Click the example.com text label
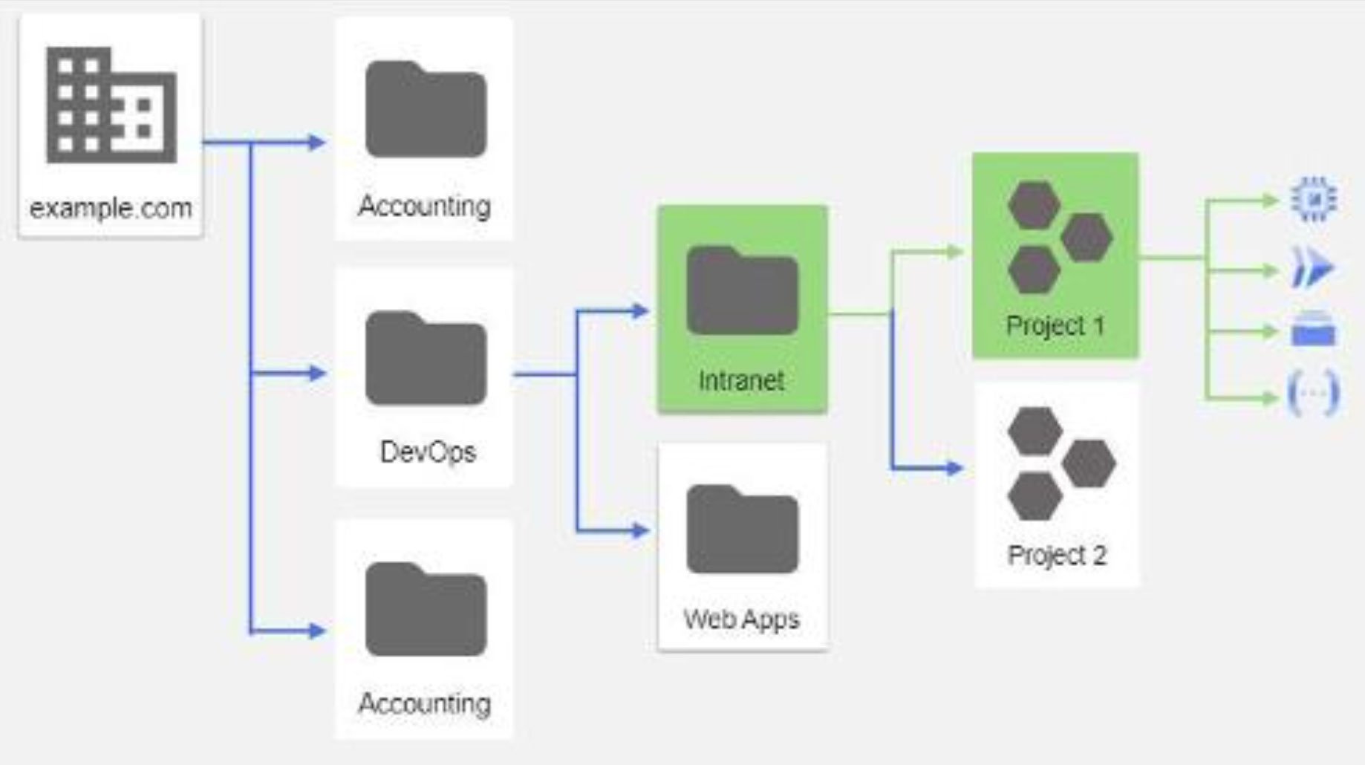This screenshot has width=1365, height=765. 111,208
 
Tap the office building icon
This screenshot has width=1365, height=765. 111,105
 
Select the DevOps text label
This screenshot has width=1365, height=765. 428,452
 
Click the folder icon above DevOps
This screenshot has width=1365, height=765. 426,359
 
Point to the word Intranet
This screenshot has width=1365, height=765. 741,381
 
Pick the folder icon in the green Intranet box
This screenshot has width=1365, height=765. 742,291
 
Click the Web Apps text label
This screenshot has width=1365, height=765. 742,619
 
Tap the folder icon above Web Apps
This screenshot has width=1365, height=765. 742,530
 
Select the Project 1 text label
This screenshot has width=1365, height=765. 1055,325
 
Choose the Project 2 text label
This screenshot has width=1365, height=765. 1057,555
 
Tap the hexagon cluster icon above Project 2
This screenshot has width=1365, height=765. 1060,464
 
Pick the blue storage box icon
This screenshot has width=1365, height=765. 1314,330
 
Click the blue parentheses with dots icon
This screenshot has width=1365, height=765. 1314,394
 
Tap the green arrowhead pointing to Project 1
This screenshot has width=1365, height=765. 954,253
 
